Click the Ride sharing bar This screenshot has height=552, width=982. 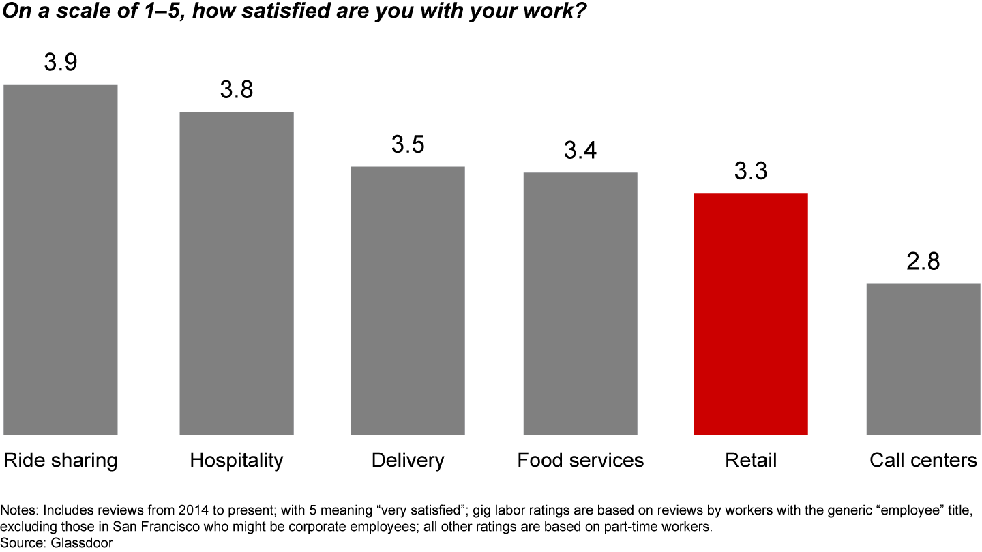[x=61, y=259]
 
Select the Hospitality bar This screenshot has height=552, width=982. [x=237, y=273]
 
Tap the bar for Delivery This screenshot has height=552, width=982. [x=408, y=300]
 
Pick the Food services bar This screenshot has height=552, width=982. [x=580, y=303]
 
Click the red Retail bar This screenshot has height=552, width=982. [x=751, y=313]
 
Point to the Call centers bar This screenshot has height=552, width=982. [x=923, y=359]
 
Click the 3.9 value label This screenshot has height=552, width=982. [x=61, y=63]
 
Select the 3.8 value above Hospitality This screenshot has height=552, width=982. [x=237, y=90]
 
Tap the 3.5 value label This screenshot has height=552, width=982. [x=408, y=145]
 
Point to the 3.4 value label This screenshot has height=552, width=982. [x=580, y=151]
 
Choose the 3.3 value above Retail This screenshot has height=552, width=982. [x=751, y=171]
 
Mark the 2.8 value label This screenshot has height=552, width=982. [x=923, y=262]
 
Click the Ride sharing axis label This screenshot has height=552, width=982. [x=61, y=461]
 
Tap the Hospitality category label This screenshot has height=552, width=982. [x=237, y=461]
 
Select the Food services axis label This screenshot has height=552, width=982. [x=580, y=461]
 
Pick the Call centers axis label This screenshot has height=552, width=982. [x=923, y=461]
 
